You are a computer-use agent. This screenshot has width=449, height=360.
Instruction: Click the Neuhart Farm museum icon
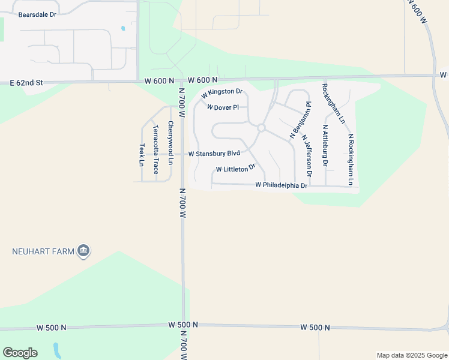(84, 251)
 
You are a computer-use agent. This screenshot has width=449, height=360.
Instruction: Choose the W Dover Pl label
(223, 107)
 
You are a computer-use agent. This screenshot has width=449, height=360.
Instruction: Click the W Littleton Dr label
(235, 169)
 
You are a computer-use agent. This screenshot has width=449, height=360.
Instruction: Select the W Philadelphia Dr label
(281, 185)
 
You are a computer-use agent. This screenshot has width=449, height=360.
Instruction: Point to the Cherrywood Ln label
(170, 143)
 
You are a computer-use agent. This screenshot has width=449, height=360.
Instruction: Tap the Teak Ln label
(142, 155)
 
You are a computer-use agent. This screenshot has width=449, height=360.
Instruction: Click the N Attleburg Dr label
(325, 145)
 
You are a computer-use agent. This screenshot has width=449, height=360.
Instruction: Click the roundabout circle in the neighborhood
(261, 128)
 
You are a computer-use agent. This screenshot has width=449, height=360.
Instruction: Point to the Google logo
(20, 353)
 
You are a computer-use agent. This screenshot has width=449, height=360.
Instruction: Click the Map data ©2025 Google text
(412, 355)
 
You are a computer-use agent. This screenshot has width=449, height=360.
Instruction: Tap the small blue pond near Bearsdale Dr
(123, 28)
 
